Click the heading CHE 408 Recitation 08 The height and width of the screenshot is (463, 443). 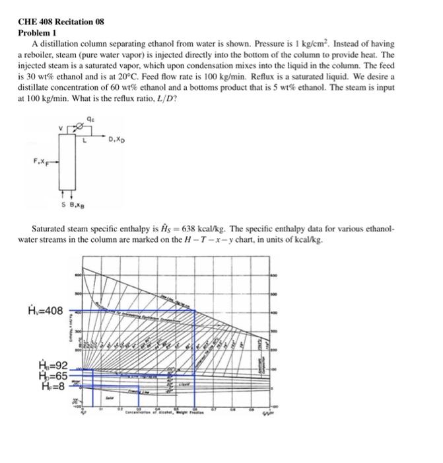click(x=60, y=22)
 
